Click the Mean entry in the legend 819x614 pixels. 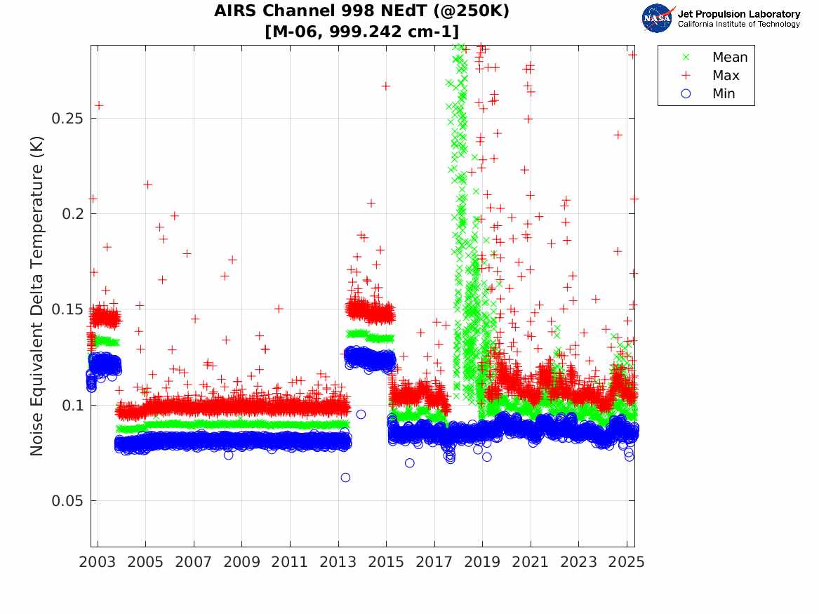point(729,58)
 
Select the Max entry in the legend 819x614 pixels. point(725,76)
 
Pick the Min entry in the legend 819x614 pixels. point(724,94)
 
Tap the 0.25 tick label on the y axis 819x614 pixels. point(68,118)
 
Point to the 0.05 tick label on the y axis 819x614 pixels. point(68,501)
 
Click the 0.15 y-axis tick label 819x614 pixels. point(68,309)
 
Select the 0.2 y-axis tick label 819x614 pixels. point(72,214)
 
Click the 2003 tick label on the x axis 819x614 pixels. point(98,562)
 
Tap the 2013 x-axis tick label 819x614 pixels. point(338,562)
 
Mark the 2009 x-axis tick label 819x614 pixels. point(242,562)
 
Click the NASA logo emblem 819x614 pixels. point(658,18)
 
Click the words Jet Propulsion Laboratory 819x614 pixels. point(738,14)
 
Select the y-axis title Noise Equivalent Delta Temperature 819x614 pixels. point(37,295)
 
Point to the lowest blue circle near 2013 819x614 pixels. point(345,478)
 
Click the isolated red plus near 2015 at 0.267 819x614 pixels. point(385,86)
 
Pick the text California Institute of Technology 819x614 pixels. point(738,25)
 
